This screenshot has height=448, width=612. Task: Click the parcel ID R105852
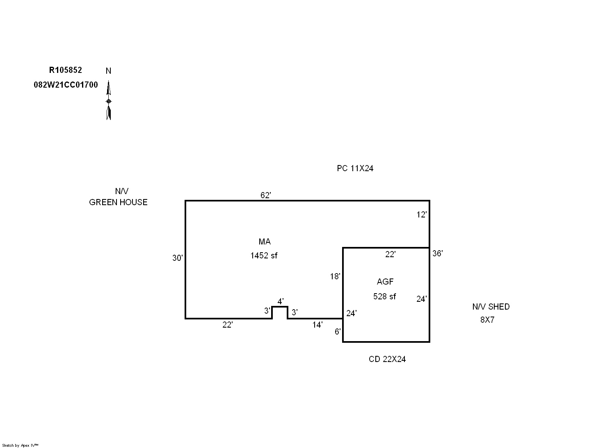point(65,70)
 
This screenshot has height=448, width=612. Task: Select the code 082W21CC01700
point(66,85)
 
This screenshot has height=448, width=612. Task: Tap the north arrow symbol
point(108,100)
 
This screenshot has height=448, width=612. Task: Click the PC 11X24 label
point(355,168)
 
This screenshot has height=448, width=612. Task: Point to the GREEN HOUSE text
point(118,202)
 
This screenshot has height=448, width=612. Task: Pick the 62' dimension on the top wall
point(265,195)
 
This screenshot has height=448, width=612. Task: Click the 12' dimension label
point(421,215)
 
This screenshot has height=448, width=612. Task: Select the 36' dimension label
point(437,253)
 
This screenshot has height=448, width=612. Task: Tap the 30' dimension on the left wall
point(177,258)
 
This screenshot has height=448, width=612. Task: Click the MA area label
point(264,242)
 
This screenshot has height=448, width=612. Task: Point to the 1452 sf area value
point(264,256)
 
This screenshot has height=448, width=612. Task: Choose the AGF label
point(385,282)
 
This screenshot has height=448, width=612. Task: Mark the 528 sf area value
point(384,296)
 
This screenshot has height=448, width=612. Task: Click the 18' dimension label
point(335,276)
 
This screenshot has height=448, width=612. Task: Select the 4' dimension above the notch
point(280,301)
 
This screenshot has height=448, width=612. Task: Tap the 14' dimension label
point(317,325)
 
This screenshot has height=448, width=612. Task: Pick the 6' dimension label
point(337,332)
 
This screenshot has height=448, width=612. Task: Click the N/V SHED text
point(491,307)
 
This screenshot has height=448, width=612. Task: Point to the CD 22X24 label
point(387,359)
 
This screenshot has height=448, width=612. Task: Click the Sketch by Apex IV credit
point(20,445)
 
